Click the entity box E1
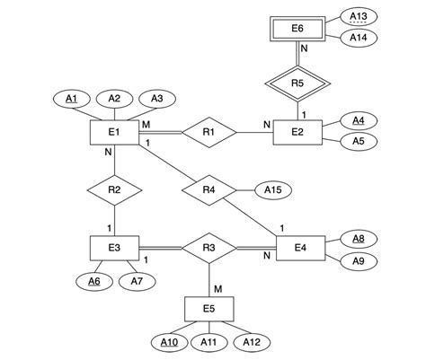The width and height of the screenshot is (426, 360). click(x=113, y=133)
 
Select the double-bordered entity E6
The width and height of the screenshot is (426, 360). click(x=297, y=30)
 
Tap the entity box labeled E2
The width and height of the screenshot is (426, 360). click(x=297, y=133)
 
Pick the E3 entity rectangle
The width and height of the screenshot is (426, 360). click(x=113, y=248)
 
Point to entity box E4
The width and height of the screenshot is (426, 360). click(x=299, y=248)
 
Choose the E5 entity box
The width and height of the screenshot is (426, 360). click(x=209, y=309)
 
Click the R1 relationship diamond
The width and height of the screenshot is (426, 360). click(x=209, y=133)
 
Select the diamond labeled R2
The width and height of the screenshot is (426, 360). click(x=113, y=189)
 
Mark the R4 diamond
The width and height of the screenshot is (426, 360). click(x=209, y=189)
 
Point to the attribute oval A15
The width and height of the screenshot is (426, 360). click(x=272, y=189)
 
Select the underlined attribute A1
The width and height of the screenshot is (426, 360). click(x=72, y=98)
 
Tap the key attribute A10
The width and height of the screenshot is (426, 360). click(x=167, y=342)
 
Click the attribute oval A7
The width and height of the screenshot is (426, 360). click(x=138, y=282)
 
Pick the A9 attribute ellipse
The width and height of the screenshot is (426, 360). click(x=359, y=261)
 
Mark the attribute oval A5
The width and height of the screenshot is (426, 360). click(x=359, y=141)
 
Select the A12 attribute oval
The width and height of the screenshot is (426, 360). click(x=253, y=342)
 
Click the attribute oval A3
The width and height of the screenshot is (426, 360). click(x=156, y=98)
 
